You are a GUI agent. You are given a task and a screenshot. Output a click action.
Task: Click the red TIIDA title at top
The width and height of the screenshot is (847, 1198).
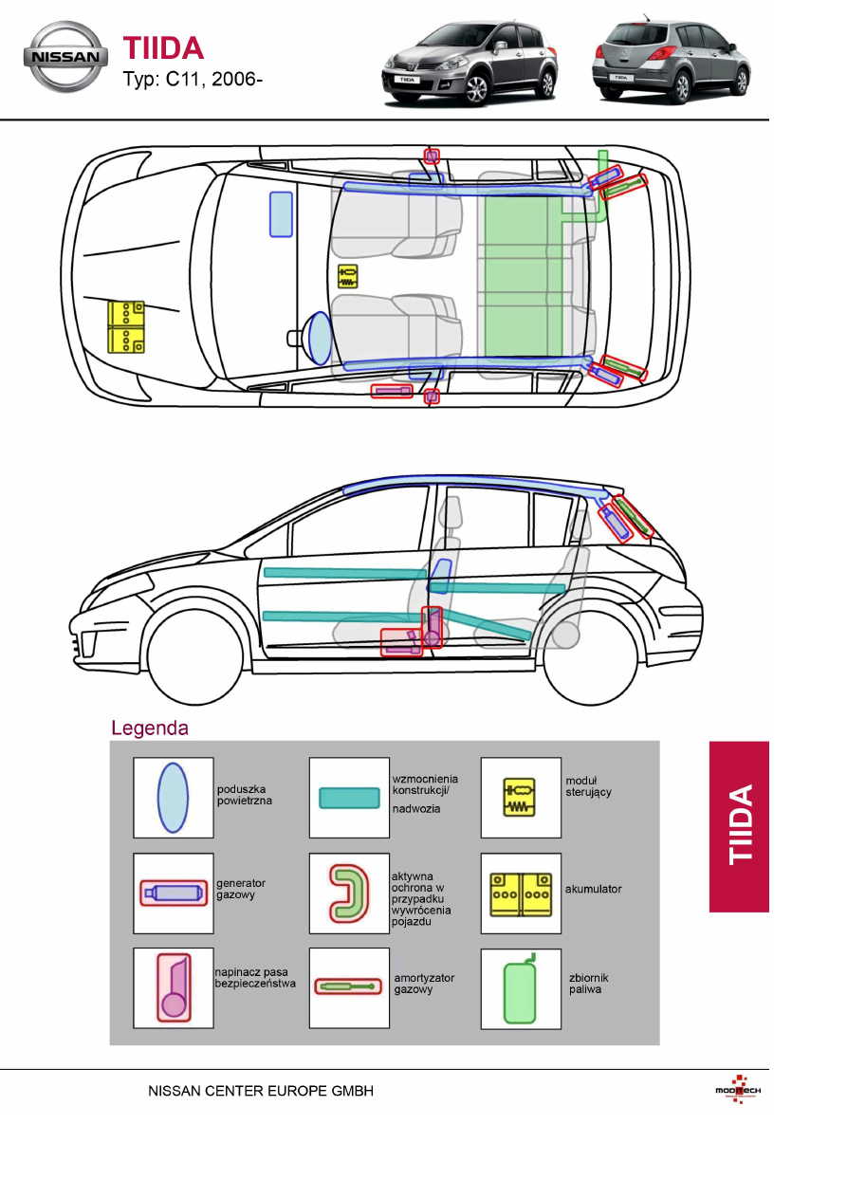(163, 48)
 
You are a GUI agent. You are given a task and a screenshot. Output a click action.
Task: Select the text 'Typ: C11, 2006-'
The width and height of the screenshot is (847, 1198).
(193, 79)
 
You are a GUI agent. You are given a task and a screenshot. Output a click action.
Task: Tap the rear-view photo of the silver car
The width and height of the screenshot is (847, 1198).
(671, 61)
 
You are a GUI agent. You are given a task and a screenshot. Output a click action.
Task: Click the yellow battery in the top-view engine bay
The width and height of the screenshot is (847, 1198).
(126, 327)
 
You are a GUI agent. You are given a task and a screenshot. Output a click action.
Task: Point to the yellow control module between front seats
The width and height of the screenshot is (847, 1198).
(348, 277)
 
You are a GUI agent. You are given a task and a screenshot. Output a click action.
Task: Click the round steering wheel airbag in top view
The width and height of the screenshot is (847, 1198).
(320, 338)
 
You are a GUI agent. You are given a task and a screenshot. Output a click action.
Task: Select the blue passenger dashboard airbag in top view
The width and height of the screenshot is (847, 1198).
(281, 213)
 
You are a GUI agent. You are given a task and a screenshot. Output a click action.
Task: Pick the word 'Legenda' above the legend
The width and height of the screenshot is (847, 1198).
(150, 728)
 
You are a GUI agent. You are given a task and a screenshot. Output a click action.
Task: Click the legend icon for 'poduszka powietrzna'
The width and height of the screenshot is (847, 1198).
(173, 798)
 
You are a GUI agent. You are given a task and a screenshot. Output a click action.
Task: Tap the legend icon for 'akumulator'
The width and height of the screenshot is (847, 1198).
(521, 893)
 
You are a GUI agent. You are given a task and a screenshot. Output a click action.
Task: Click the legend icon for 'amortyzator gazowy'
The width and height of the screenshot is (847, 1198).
(349, 986)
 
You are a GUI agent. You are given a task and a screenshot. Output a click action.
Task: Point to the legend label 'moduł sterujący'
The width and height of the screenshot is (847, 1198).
(589, 786)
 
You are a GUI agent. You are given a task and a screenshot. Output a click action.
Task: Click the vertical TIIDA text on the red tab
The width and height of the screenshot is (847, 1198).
(740, 824)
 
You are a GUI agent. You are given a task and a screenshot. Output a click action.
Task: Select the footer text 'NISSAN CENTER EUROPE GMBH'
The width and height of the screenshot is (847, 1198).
(261, 1091)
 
